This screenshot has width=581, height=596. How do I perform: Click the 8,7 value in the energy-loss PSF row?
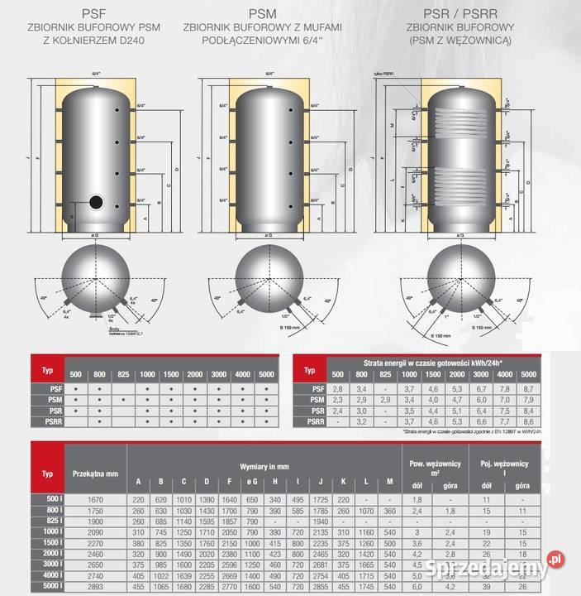pyautogui.click(x=529, y=388)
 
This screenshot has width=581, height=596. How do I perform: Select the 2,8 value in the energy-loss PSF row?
pyautogui.click(x=336, y=388)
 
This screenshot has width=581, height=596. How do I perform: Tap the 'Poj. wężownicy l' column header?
pyautogui.click(x=502, y=466)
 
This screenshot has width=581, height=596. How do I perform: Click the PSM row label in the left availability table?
pyautogui.click(x=47, y=399)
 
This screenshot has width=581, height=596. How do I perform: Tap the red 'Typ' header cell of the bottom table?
pyautogui.click(x=46, y=473)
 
